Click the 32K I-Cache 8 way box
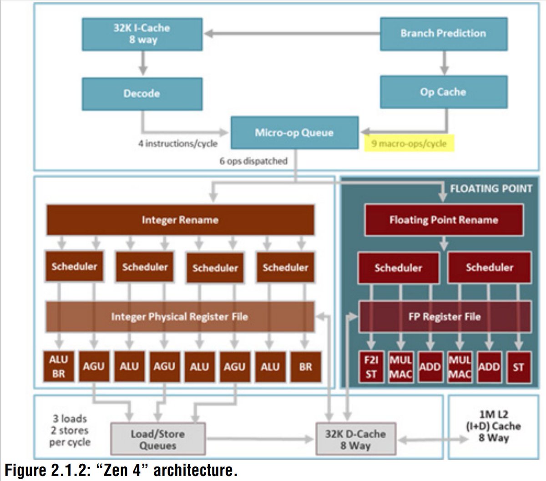coord(142,34)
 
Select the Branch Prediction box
coord(443,34)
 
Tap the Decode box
coord(142,94)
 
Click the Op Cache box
coord(443,92)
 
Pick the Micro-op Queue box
coord(294,133)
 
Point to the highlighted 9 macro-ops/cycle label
coord(409,144)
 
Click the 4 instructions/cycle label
coord(178,144)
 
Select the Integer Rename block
coord(180,220)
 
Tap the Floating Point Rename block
coord(444,220)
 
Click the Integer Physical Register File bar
coord(180,316)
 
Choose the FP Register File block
coord(445,316)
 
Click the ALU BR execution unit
coord(58,366)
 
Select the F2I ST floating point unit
coord(371,367)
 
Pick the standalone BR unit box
coord(306,366)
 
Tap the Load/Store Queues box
coord(157,440)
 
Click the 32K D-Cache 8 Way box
coord(356,440)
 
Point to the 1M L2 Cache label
coord(494,426)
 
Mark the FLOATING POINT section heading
coord(491,189)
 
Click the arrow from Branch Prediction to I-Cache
coord(291,34)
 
